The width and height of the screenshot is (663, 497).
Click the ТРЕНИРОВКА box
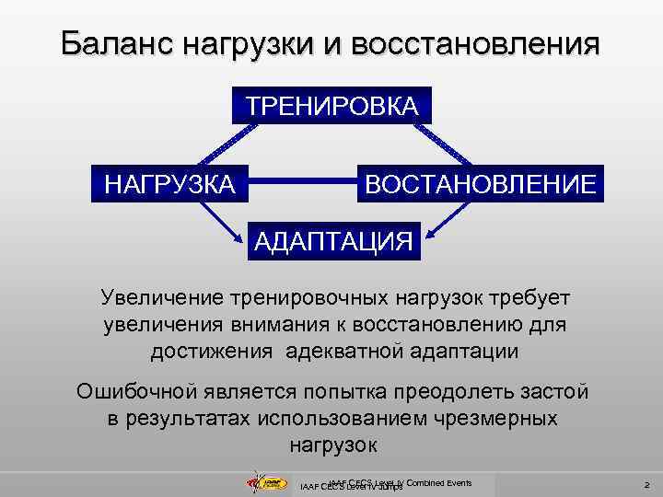pyautogui.click(x=331, y=104)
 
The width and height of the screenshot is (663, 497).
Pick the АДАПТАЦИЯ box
pyautogui.click(x=332, y=241)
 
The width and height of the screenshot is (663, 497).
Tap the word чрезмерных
pyautogui.click(x=491, y=418)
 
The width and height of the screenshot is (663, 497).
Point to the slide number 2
pyautogui.click(x=647, y=484)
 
